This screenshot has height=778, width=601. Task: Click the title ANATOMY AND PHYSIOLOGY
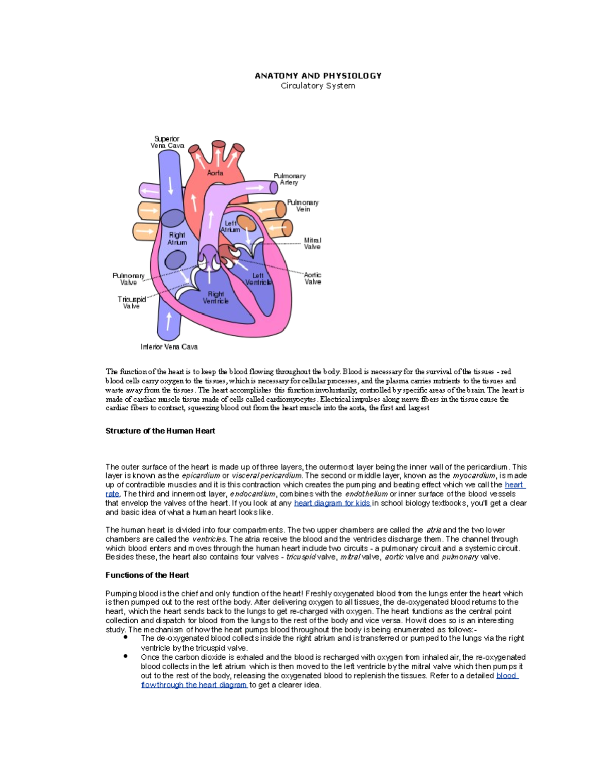[318, 76]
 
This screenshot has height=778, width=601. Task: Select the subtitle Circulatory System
[318, 86]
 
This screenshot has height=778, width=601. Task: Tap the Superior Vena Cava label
[167, 142]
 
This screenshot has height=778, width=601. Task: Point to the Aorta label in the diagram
[215, 173]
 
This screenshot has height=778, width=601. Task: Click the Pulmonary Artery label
[289, 179]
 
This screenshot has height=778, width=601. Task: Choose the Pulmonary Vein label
[303, 206]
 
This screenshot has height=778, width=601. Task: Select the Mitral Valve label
[313, 243]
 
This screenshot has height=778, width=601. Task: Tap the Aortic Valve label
[313, 279]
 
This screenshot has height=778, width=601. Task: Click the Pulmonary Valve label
[128, 279]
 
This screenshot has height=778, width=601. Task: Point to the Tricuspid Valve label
[132, 303]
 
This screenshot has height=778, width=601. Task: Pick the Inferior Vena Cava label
[169, 347]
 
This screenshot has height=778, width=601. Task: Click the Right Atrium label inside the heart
[177, 238]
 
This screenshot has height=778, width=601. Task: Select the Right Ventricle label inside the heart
[216, 298]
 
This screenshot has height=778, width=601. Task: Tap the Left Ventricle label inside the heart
[258, 279]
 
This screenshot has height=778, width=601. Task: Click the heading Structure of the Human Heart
[160, 431]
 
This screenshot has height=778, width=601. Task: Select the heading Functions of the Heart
[147, 575]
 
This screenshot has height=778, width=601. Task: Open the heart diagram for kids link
[332, 503]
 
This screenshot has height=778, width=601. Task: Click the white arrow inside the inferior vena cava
[169, 321]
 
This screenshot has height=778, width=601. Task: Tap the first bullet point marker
[126, 638]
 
